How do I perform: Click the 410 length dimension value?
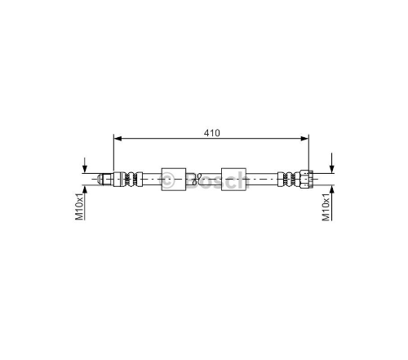click(x=212, y=133)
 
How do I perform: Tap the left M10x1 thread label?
click(x=79, y=207)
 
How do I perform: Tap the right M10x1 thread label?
click(x=326, y=207)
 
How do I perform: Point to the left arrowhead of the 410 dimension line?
click(x=118, y=139)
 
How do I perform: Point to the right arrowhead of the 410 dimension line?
click(x=304, y=139)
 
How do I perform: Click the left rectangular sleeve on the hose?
click(x=174, y=180)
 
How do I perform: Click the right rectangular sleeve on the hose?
click(x=233, y=180)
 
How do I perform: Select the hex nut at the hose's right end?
click(x=306, y=179)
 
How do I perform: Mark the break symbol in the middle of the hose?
click(x=197, y=179)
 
